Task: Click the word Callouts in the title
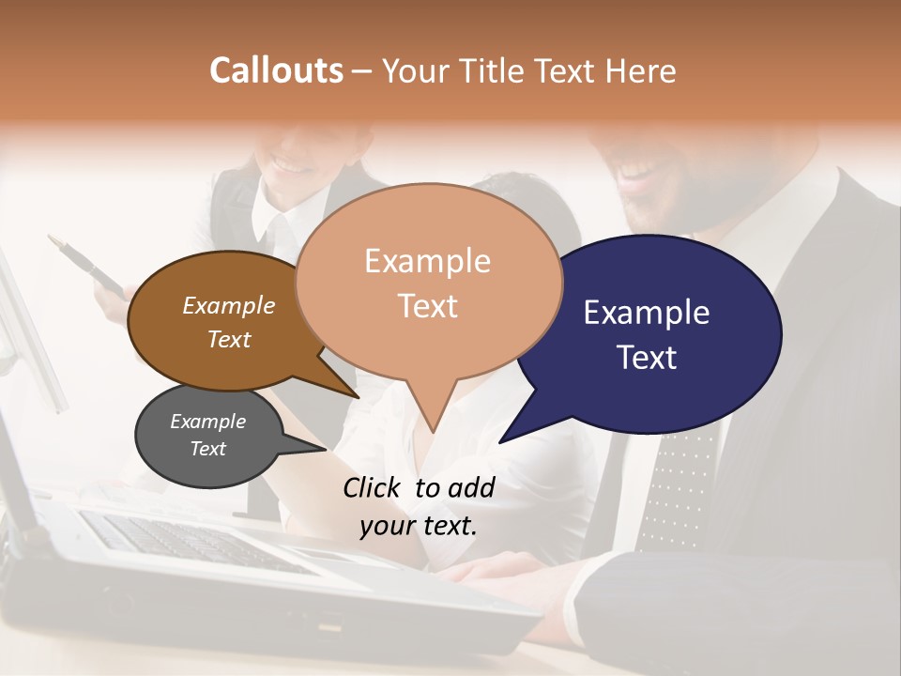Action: coord(276,70)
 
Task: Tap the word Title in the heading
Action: coord(496,70)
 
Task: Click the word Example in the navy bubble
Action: coord(646,313)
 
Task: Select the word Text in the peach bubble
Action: coord(428,306)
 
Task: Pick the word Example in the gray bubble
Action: coord(207,422)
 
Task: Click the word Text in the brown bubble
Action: coord(229,339)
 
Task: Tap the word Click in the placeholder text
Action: coord(373,487)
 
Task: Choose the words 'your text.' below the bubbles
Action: coord(418,525)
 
